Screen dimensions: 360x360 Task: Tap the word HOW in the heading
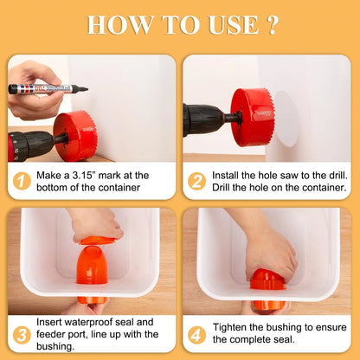[x=119, y=25]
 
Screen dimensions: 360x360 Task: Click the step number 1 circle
[x=22, y=181]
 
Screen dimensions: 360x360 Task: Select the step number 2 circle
[x=196, y=181]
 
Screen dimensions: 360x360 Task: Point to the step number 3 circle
[x=22, y=335]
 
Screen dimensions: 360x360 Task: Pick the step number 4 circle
[x=196, y=335]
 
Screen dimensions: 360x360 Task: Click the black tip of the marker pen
[x=84, y=89]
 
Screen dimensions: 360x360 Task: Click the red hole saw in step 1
[x=75, y=136]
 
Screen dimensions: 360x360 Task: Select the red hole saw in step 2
[x=252, y=117]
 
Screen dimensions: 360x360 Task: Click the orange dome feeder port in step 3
[x=92, y=265]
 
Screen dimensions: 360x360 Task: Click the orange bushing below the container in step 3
[x=92, y=300]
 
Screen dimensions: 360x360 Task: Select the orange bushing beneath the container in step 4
[x=267, y=305]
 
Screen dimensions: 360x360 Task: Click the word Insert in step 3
[x=49, y=322]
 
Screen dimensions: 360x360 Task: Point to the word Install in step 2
[x=225, y=175]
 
